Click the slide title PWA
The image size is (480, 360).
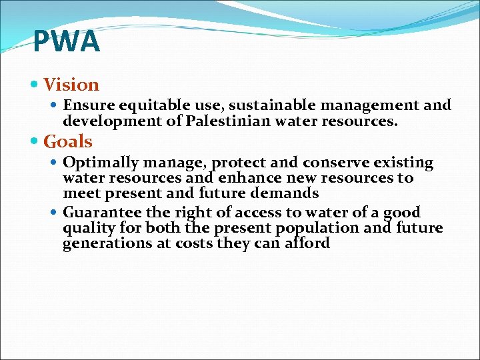[66, 42]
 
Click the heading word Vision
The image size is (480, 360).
[71, 85]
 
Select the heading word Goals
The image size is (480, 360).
[68, 141]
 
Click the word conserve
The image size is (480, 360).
[335, 163]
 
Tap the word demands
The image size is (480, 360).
[287, 193]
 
